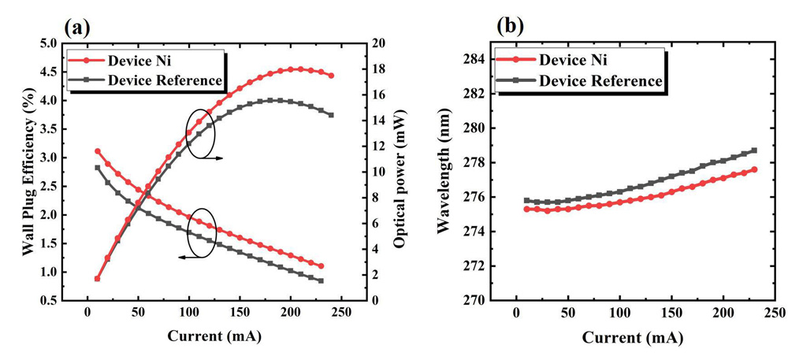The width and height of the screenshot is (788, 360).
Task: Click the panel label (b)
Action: coord(511,28)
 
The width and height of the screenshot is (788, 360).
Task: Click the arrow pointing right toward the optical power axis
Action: coord(213,158)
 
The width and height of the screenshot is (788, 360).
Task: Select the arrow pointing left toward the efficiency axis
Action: coord(187,257)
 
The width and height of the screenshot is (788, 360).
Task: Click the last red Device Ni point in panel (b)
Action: coord(754,169)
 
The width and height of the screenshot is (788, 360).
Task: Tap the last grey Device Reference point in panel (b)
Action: coord(754,150)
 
